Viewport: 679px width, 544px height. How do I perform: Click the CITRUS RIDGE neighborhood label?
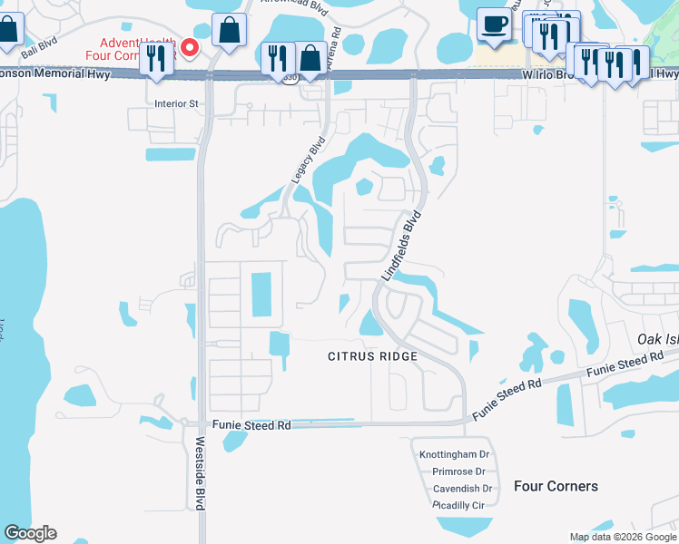tap(372, 356)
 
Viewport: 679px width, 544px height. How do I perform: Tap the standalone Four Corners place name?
tap(556, 486)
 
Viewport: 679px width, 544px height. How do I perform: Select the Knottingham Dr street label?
tap(454, 454)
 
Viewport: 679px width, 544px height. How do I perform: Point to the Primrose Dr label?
tap(458, 471)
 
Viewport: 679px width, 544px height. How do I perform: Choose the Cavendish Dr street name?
tap(461, 488)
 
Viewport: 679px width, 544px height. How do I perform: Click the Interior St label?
tap(176, 104)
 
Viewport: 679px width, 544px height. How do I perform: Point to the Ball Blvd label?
tap(39, 50)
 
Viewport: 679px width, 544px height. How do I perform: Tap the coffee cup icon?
tap(494, 24)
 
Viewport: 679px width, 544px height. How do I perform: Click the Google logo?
tap(30, 533)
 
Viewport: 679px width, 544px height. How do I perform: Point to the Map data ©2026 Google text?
tap(623, 538)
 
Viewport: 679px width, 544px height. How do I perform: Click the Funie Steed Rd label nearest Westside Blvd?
tap(251, 424)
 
